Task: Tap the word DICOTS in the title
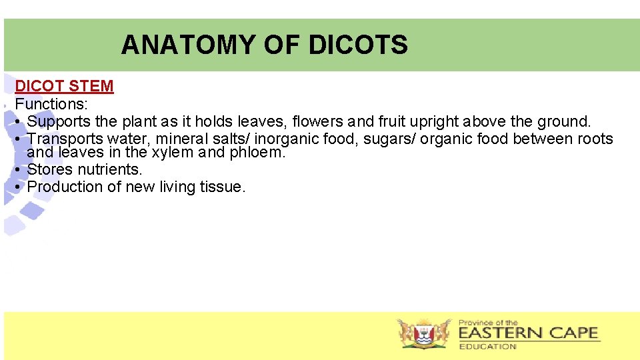[358, 45]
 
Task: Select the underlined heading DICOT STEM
[64, 86]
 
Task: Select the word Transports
[65, 139]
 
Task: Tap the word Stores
[50, 169]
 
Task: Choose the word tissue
[223, 187]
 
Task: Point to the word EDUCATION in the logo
[487, 347]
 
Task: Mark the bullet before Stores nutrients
[19, 170]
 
